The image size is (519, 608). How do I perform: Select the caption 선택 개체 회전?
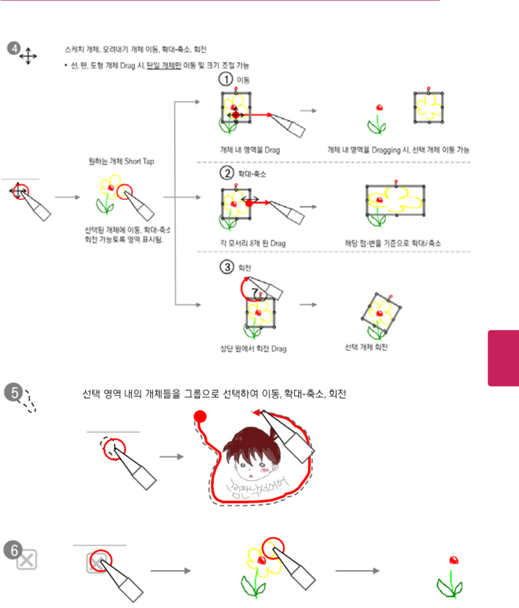tap(366, 347)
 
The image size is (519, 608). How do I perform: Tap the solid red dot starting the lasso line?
tap(200, 416)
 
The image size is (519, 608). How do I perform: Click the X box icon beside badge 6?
tap(27, 560)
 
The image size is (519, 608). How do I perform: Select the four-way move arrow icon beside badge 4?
tap(28, 56)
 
